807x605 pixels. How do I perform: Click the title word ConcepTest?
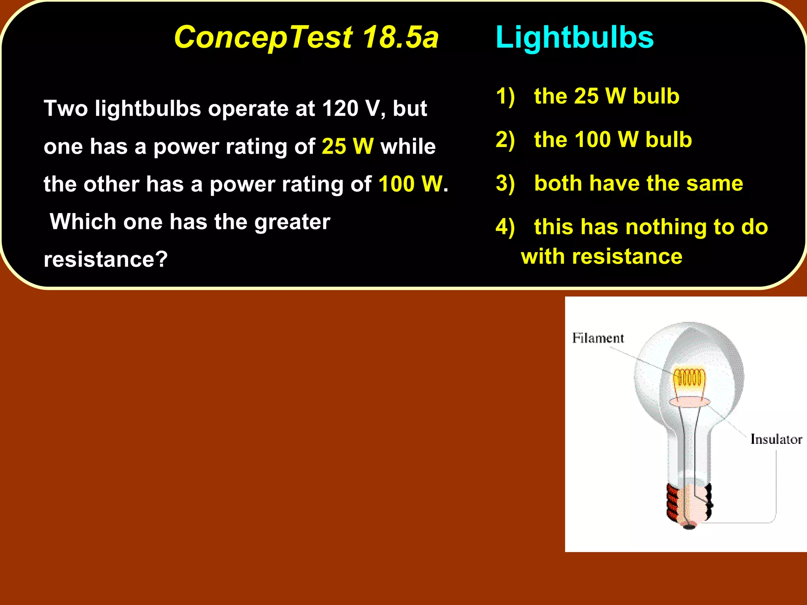point(263,37)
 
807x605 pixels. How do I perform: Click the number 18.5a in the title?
point(400,37)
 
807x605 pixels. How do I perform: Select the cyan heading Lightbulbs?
point(574,37)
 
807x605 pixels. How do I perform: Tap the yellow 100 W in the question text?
point(410,184)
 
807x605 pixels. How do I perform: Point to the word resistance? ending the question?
point(106,260)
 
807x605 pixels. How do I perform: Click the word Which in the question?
point(83,222)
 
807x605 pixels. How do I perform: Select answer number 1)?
point(505,97)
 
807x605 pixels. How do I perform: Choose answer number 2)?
point(505,140)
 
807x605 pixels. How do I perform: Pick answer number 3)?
point(505,184)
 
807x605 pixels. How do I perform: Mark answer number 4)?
point(505,227)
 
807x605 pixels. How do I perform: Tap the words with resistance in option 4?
point(601,257)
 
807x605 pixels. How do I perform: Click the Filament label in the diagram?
point(598,338)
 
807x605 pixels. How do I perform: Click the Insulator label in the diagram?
point(776,439)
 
